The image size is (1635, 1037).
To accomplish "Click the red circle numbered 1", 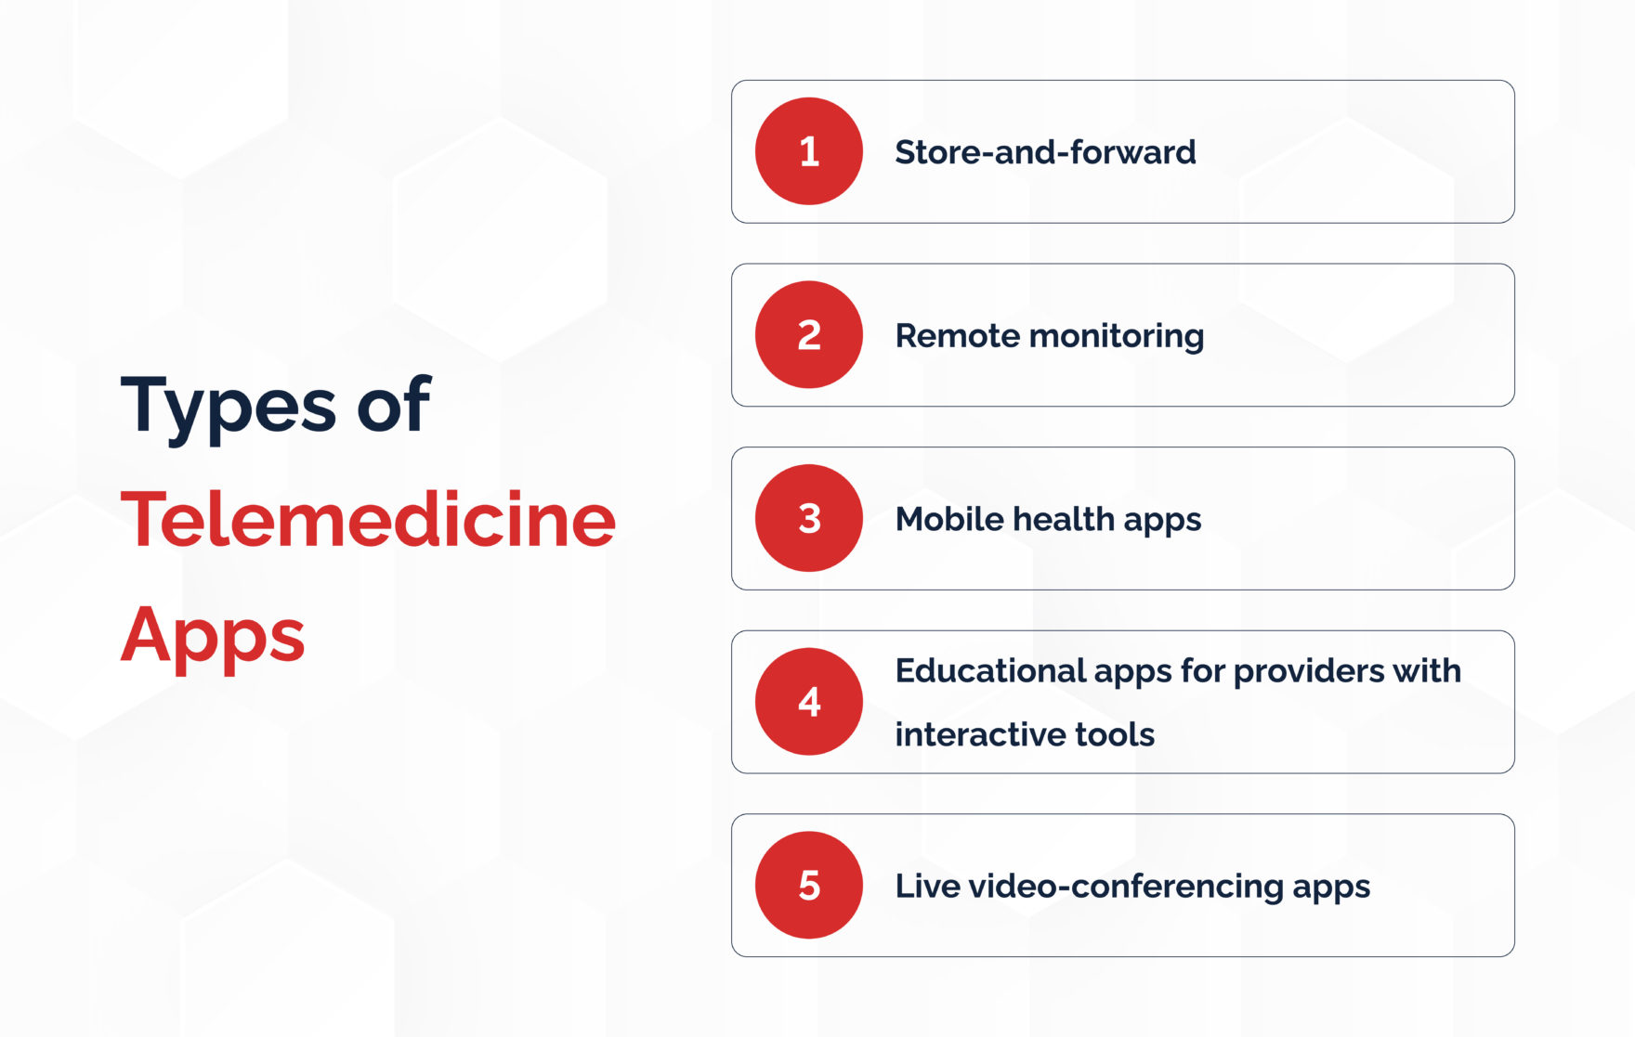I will click(x=808, y=151).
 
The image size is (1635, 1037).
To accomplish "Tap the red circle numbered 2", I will click(x=808, y=334).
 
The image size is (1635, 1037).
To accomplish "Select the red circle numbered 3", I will click(x=808, y=518).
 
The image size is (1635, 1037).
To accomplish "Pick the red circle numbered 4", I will click(x=808, y=701).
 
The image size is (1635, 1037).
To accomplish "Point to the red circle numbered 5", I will click(x=808, y=885).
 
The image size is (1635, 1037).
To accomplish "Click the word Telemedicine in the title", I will click(x=368, y=520).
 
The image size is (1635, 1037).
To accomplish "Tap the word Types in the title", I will click(x=229, y=407).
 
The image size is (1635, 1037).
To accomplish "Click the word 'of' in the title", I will click(x=394, y=405).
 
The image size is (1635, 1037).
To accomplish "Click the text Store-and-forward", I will click(x=1045, y=152).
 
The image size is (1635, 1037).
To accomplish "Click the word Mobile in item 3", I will click(x=948, y=519).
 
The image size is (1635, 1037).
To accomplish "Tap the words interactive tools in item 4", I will click(x=1025, y=734).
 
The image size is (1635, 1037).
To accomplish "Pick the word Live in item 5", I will click(x=927, y=886).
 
